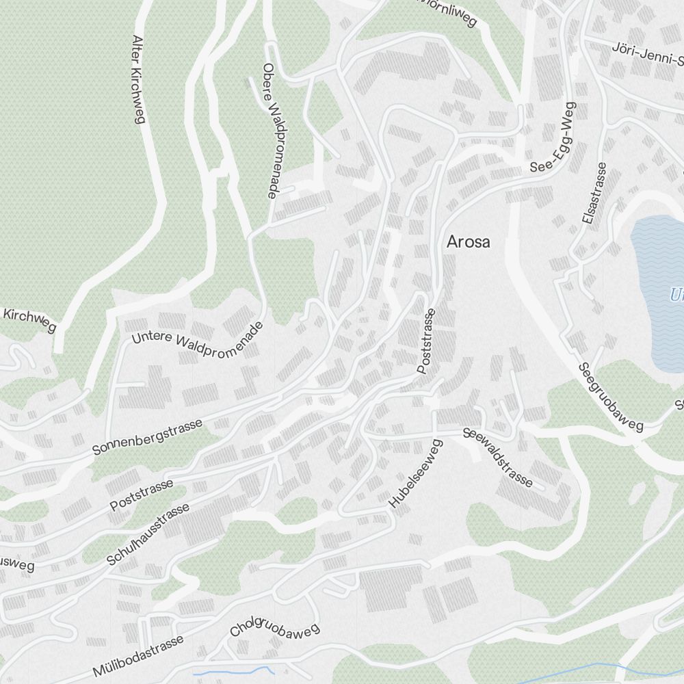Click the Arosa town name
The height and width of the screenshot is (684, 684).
pyautogui.click(x=468, y=242)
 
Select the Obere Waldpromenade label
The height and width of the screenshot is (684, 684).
pyautogui.click(x=270, y=131)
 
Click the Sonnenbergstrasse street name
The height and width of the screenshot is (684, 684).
pyautogui.click(x=148, y=437)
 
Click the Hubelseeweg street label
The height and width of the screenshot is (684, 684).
pyautogui.click(x=416, y=473)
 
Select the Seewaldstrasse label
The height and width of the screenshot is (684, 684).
pyautogui.click(x=497, y=458)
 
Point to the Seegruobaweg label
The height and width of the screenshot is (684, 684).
pyautogui.click(x=611, y=397)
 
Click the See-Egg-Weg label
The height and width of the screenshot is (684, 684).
pyautogui.click(x=553, y=137)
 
